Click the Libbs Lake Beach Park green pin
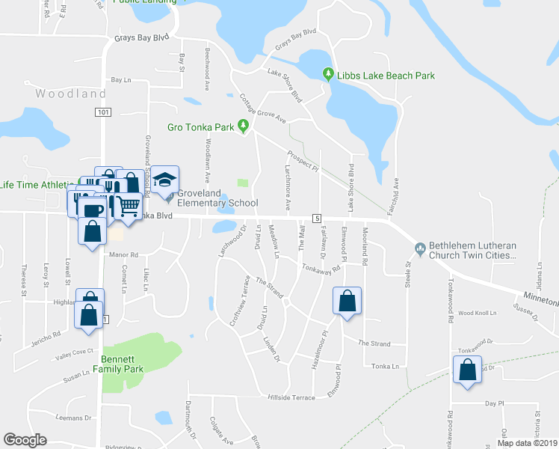coord(327,74)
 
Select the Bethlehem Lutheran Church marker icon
coord(420,248)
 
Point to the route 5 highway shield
coord(317,218)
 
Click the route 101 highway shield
coord(103,112)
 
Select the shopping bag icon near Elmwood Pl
coord(348,302)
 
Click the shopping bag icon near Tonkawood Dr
coord(467,369)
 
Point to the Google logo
coord(25,440)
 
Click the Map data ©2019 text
coord(526,443)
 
